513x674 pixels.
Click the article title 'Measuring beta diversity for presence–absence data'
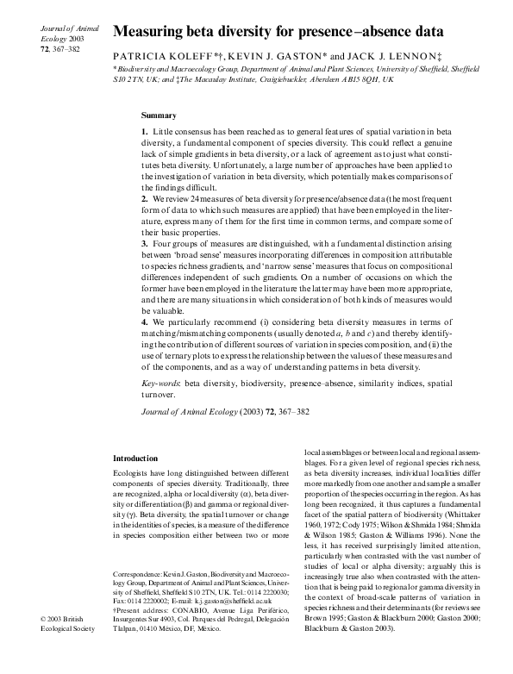[278, 34]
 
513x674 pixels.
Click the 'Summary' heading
[159, 115]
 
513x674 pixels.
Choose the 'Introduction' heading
[137, 459]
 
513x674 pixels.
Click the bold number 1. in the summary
[145, 129]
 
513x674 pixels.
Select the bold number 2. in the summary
[145, 199]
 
